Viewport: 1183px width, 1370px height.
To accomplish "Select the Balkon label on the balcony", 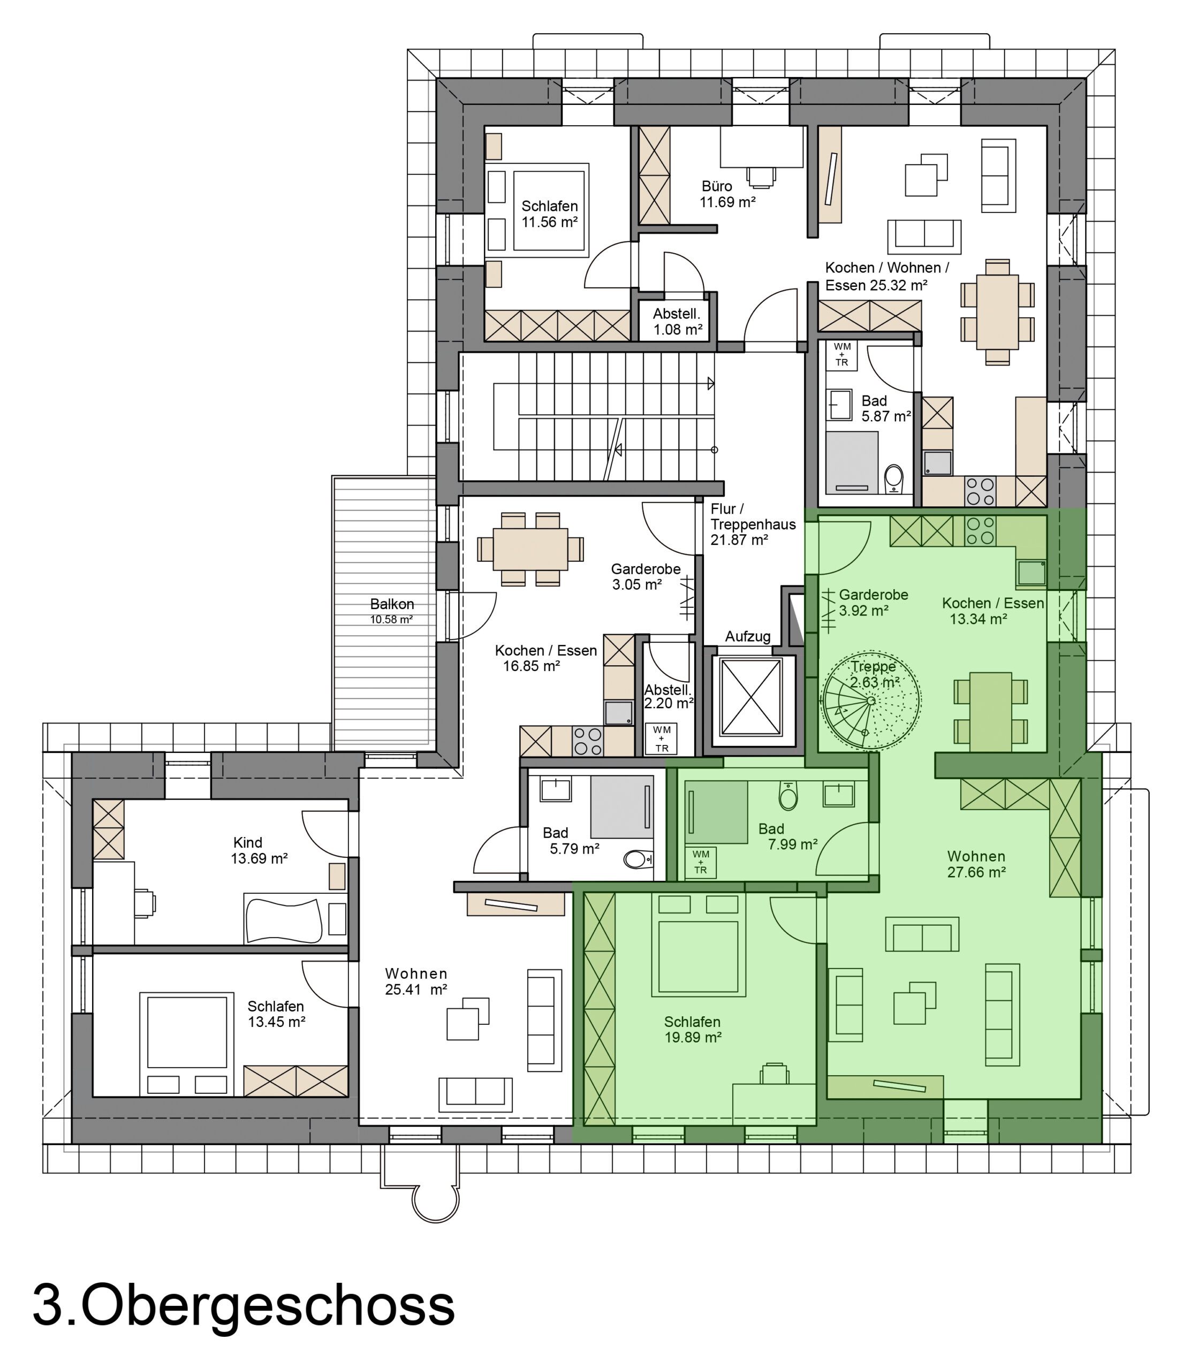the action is (392, 604).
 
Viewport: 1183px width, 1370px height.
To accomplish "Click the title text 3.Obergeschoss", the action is (244, 1306).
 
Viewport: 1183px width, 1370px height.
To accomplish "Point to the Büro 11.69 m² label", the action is (727, 194).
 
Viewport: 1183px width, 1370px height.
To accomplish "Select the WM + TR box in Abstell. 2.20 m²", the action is (661, 739).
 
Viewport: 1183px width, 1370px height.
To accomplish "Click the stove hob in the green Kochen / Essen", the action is (981, 531).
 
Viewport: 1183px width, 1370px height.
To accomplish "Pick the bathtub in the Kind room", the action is (284, 920).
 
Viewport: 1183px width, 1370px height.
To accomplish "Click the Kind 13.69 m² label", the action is (259, 850).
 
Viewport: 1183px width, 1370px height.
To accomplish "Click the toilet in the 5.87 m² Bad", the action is (893, 478).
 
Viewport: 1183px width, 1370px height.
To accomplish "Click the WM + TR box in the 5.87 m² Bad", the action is (841, 355).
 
